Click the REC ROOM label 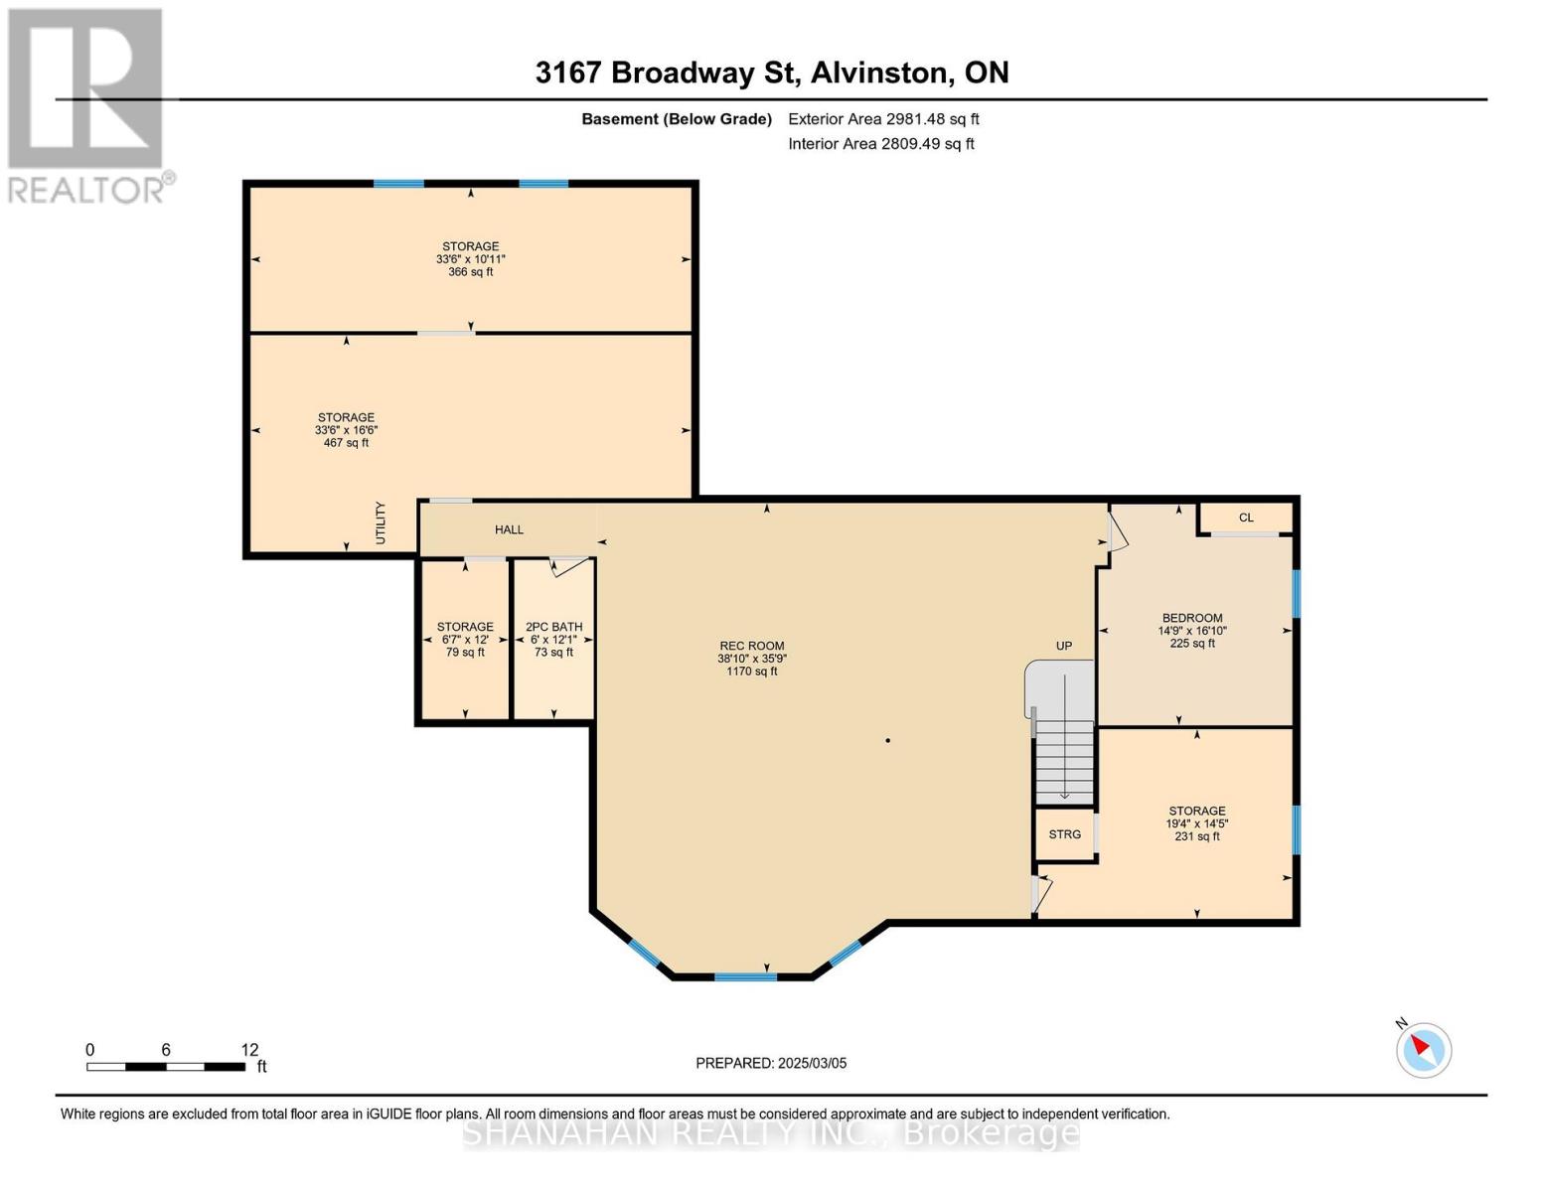752,646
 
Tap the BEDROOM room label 1192,618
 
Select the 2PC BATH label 553,627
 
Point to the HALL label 509,529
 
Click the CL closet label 1246,518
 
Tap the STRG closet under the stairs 1064,834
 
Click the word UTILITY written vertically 381,522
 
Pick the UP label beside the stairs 1064,646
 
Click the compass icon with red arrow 1424,1050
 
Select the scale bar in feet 166,1066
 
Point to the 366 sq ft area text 470,272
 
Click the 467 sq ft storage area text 346,443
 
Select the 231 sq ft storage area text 1196,836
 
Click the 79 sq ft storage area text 465,653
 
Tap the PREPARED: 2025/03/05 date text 771,1063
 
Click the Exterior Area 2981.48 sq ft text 883,119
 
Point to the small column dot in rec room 887,740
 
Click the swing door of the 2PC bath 569,566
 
